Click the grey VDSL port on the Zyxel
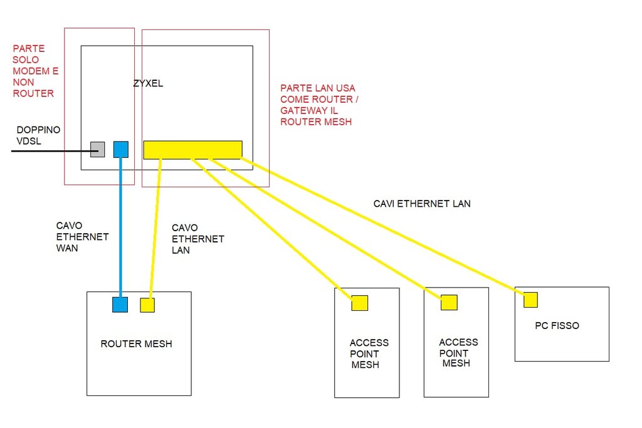tap(97, 149)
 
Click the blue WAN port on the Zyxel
tap(121, 149)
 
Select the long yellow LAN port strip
tap(192, 150)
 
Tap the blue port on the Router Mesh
tap(120, 305)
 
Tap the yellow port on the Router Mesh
tap(147, 305)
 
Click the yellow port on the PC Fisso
tap(530, 300)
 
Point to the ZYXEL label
tap(148, 83)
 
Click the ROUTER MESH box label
tap(136, 344)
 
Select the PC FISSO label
tap(557, 326)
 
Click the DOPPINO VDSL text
tap(38, 135)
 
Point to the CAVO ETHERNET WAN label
tap(82, 237)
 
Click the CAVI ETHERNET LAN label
tap(422, 204)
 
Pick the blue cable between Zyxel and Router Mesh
tap(120, 226)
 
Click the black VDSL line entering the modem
tap(50, 151)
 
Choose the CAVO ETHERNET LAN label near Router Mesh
tap(197, 239)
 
